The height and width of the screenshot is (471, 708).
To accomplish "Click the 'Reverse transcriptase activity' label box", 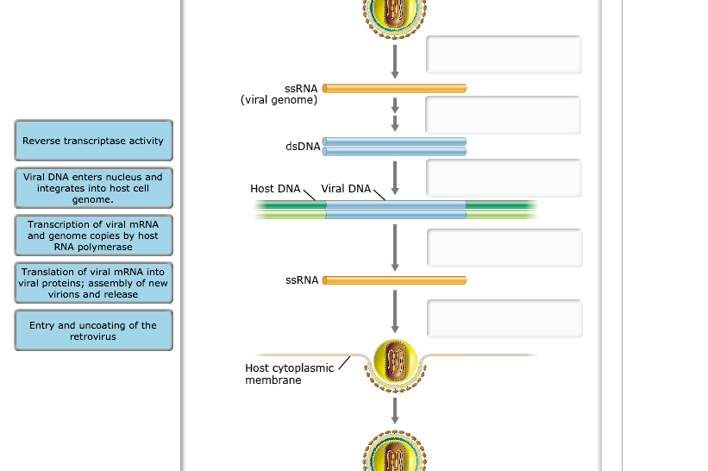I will coord(93,141).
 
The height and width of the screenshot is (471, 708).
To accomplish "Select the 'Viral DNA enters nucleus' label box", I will coord(93,188).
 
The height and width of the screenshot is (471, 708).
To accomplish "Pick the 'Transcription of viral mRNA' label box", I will coord(93,235).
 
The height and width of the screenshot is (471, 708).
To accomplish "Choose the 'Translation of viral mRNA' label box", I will coord(93,283).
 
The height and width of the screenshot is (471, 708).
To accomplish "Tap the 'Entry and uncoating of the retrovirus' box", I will coord(93,330).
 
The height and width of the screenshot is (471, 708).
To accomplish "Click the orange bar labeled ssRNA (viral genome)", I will coord(394,88).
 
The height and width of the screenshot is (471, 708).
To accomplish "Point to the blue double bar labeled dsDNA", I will coord(394,147).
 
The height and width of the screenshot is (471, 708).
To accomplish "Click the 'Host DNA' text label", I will coord(275,188).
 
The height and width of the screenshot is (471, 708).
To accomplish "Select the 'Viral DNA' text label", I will coord(346,188).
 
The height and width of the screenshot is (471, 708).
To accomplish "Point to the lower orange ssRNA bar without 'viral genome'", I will coord(394,280).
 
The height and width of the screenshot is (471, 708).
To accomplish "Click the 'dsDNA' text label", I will coord(303,147).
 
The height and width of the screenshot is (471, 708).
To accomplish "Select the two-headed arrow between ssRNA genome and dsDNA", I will coord(395,114).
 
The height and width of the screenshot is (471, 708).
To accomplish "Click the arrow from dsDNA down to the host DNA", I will coord(395,177).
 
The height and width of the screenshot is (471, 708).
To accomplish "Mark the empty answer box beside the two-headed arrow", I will coord(503,116).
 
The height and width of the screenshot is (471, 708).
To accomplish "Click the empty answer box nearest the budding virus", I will coord(504,318).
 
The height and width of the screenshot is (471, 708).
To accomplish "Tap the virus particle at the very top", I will coord(395,17).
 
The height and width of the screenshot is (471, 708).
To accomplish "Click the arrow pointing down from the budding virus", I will coord(395,410).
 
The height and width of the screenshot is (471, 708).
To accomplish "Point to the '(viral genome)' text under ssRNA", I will coord(279,100).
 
